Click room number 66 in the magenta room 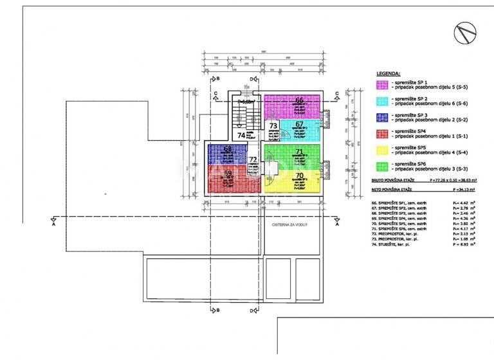click(x=300, y=100)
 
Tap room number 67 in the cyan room click(x=300, y=124)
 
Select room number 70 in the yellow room click(x=299, y=175)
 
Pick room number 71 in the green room click(x=299, y=152)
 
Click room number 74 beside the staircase click(x=241, y=135)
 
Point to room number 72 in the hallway click(x=253, y=159)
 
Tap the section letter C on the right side click(x=336, y=94)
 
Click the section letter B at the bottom click(x=218, y=310)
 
